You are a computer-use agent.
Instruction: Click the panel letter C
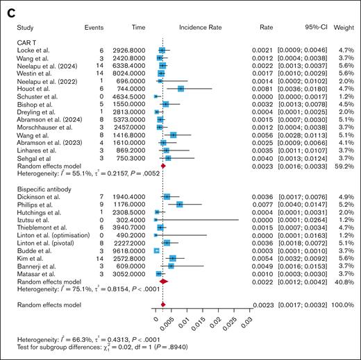point(10,8)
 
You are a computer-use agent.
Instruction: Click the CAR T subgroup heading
point(28,43)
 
